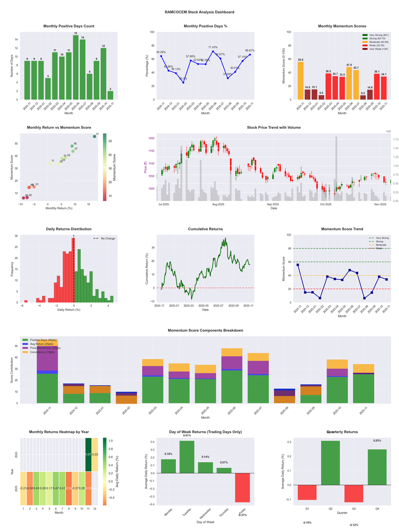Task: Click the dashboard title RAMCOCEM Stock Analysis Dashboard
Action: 199,12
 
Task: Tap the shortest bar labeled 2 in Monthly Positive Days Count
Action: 110,95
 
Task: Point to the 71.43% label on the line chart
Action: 213,46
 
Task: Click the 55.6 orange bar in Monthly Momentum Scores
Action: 300,80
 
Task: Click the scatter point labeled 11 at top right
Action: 94,136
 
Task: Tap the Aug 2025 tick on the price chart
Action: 218,205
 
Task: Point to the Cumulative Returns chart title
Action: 205,229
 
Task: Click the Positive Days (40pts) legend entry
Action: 42,340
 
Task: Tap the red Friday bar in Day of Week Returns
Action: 242,488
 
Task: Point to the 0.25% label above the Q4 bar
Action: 377,441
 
